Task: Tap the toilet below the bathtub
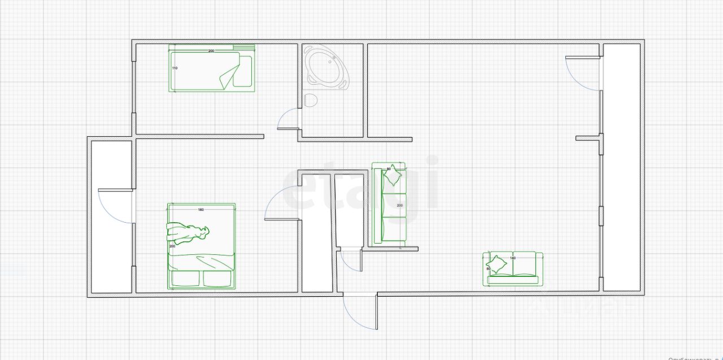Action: [x=310, y=101]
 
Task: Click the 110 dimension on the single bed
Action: [x=175, y=68]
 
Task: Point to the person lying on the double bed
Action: [x=187, y=232]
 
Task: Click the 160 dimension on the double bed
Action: [x=201, y=210]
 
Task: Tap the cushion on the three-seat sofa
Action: [x=392, y=176]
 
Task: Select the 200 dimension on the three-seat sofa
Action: [x=400, y=205]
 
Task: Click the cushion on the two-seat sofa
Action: [x=497, y=264]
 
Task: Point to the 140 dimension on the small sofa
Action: [x=513, y=258]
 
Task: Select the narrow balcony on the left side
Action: [x=111, y=249]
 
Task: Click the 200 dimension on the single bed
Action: [x=211, y=51]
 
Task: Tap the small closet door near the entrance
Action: [x=349, y=261]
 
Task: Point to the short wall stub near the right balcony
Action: [x=587, y=138]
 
